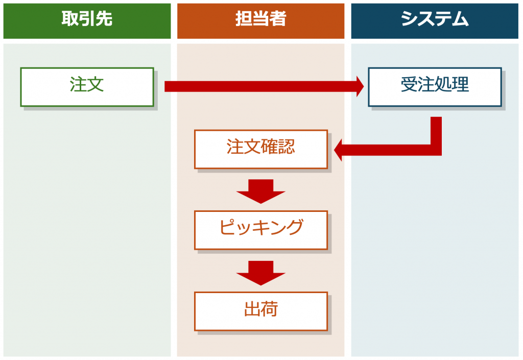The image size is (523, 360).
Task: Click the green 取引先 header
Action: point(87,21)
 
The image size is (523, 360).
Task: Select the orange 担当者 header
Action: point(260,21)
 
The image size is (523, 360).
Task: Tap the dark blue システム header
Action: point(435,21)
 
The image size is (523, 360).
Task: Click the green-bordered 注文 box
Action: point(87,87)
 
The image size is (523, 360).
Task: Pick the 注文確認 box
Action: point(260,149)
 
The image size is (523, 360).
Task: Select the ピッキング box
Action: point(260,230)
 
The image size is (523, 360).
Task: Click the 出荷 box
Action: point(260,311)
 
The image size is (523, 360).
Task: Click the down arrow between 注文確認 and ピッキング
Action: point(260,191)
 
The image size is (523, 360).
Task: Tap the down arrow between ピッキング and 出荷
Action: point(260,272)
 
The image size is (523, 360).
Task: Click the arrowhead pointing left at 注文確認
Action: point(340,150)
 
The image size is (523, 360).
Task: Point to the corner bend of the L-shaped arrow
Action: point(436,150)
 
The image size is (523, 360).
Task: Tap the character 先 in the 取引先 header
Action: point(104,19)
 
